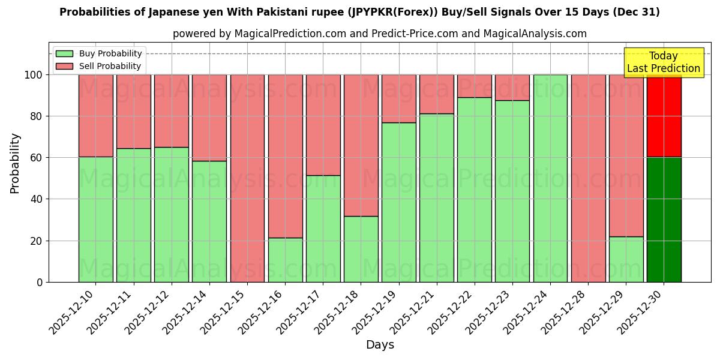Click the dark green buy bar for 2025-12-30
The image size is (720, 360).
[664, 220]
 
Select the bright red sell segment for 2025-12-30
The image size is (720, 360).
[664, 116]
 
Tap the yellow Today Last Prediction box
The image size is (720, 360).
[664, 62]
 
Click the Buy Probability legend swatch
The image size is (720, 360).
[64, 53]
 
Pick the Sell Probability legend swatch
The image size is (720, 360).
[64, 66]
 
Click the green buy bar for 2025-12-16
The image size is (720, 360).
[285, 260]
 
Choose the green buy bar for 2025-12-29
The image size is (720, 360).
[626, 259]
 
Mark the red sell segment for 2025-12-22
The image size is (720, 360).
[474, 86]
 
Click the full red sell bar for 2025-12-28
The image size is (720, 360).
[588, 178]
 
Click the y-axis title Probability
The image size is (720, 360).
[15, 163]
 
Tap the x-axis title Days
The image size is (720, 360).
[380, 345]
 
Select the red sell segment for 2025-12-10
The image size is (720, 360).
[95, 116]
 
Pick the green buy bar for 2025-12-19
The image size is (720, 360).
[398, 202]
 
